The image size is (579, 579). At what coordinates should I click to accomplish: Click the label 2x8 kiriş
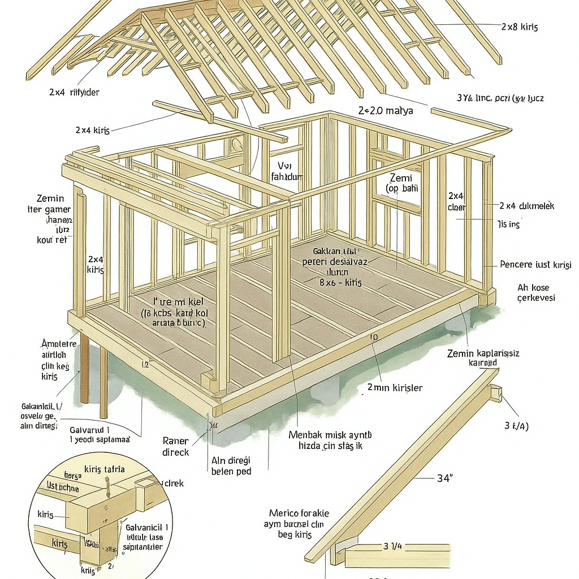pyautogui.click(x=520, y=27)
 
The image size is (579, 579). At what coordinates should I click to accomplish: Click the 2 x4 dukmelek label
pyautogui.click(x=527, y=206)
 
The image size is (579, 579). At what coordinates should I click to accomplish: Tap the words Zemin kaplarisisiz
pyautogui.click(x=483, y=353)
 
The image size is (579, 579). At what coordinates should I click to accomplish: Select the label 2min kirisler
pyautogui.click(x=395, y=388)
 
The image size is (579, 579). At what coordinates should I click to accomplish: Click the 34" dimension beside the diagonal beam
pyautogui.click(x=445, y=478)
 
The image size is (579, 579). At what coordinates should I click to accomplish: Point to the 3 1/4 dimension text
pyautogui.click(x=392, y=546)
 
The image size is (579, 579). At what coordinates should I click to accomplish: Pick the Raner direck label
pyautogui.click(x=176, y=447)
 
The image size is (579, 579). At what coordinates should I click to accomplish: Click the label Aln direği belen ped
pyautogui.click(x=231, y=466)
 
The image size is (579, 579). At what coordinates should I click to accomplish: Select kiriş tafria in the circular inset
pyautogui.click(x=104, y=469)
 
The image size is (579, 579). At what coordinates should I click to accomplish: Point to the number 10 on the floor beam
pyautogui.click(x=373, y=338)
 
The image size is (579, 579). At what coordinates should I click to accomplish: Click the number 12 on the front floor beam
pyautogui.click(x=145, y=365)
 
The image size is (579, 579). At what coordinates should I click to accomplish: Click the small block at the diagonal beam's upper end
pyautogui.click(x=496, y=392)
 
